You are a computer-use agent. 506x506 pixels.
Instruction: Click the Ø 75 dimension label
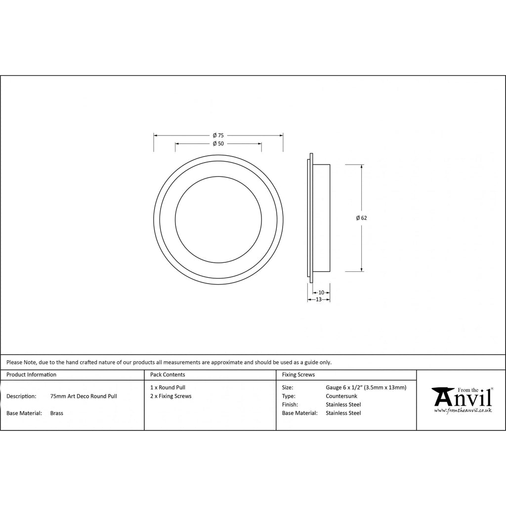pyautogui.click(x=218, y=135)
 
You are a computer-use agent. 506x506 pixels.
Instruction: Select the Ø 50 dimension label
pyautogui.click(x=218, y=144)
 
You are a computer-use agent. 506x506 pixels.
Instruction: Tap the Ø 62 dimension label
pyautogui.click(x=361, y=218)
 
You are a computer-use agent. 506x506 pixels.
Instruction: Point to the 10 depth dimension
pyautogui.click(x=321, y=293)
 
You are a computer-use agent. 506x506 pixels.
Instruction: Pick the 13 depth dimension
pyautogui.click(x=319, y=299)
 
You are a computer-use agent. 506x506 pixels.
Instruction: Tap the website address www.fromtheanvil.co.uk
pyautogui.click(x=463, y=411)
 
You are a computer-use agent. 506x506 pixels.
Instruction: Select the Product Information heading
pyautogui.click(x=31, y=375)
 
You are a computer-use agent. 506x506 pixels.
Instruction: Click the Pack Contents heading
pyautogui.click(x=168, y=375)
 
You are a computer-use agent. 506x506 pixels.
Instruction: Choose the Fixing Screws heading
pyautogui.click(x=298, y=375)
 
